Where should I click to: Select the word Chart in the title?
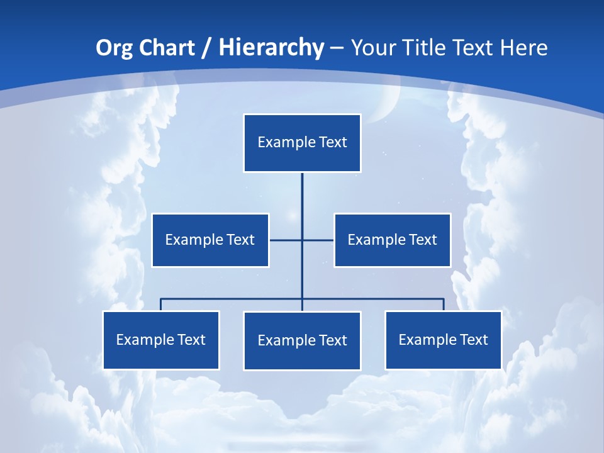pos(167,48)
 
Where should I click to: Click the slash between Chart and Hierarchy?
pos(206,48)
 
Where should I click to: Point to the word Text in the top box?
pos(333,142)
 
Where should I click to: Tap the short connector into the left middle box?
pos(284,240)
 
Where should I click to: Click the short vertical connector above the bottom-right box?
pos(444,305)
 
